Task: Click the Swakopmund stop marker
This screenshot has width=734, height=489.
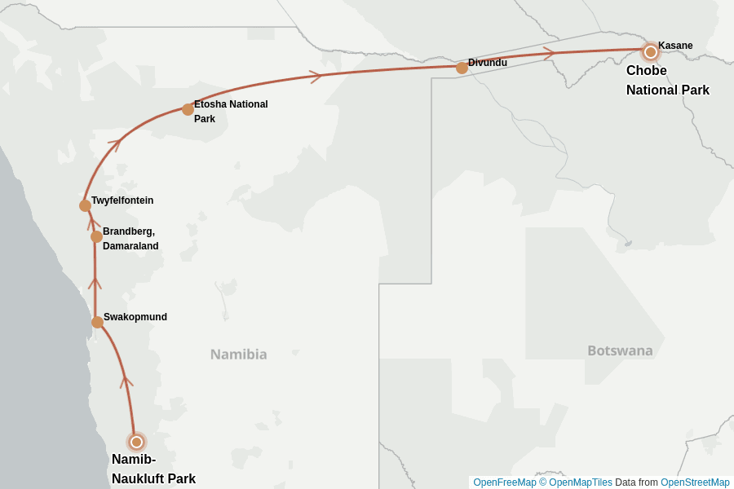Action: click(97, 322)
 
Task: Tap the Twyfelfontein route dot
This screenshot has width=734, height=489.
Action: click(85, 205)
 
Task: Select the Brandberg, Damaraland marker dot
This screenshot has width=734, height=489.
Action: click(96, 236)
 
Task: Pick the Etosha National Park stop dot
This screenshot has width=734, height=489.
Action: click(188, 109)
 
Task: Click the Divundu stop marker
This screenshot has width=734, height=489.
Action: click(462, 68)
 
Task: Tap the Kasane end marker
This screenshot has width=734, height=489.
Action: click(650, 52)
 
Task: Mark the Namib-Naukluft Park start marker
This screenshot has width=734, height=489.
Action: click(136, 442)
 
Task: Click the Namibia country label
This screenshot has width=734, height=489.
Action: click(238, 355)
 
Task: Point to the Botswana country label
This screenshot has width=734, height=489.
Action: click(620, 350)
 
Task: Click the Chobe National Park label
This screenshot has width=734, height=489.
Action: click(667, 81)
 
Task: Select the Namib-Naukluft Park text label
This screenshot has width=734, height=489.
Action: click(153, 469)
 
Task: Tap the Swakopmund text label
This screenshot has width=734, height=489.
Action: click(135, 317)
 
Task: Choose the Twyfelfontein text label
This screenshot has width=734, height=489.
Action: click(122, 200)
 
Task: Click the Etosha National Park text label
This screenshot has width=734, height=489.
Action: click(230, 112)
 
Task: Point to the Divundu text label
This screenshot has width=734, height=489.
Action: click(487, 63)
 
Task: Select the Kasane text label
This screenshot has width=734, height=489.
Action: click(675, 46)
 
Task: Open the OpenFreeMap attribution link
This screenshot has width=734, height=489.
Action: click(504, 482)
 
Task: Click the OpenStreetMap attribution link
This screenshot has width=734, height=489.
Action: click(695, 482)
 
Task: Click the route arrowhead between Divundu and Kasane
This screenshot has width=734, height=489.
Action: click(549, 53)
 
